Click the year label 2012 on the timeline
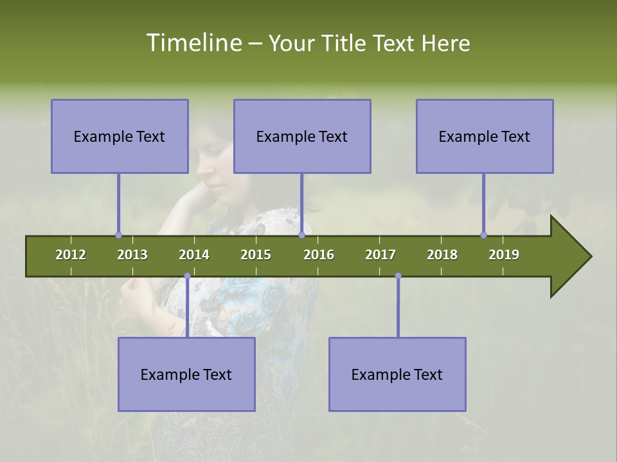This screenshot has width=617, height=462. (71, 255)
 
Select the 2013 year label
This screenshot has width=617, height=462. (132, 255)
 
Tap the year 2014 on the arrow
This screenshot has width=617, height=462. (194, 255)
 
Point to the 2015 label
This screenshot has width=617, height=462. (256, 255)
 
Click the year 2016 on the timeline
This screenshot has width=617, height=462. (319, 255)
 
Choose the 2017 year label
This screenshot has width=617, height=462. (380, 255)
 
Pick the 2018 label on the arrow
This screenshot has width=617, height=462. (442, 255)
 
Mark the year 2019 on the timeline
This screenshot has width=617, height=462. (504, 255)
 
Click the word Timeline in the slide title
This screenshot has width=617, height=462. (193, 43)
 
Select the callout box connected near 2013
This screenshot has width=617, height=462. (120, 136)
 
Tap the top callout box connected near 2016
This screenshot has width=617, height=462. (302, 136)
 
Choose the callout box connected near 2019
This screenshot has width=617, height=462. (485, 136)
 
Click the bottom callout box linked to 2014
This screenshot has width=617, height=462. (186, 374)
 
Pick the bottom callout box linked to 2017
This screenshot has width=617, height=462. (397, 374)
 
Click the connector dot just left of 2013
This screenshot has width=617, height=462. (118, 235)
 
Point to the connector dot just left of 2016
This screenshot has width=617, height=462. (301, 235)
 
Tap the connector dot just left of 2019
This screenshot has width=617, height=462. (483, 235)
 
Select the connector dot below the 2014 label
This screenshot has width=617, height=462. (187, 276)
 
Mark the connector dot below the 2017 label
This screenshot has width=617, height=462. (398, 276)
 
